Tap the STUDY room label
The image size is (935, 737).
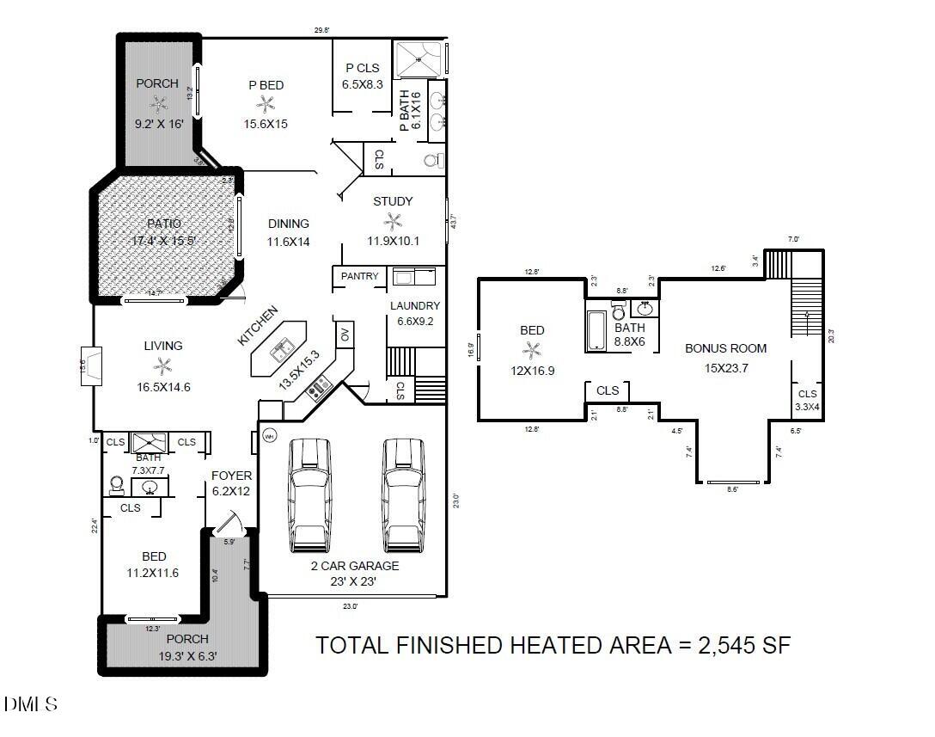coord(393,201)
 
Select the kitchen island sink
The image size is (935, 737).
coord(280,350)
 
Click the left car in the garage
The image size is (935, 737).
coord(309,495)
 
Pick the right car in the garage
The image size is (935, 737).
coord(404,495)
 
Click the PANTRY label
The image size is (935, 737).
coord(359,276)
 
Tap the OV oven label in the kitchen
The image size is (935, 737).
coord(345,335)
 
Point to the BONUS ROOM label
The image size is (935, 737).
coord(725,348)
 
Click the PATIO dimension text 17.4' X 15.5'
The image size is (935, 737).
coord(165,241)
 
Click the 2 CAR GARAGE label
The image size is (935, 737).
coord(355,566)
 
